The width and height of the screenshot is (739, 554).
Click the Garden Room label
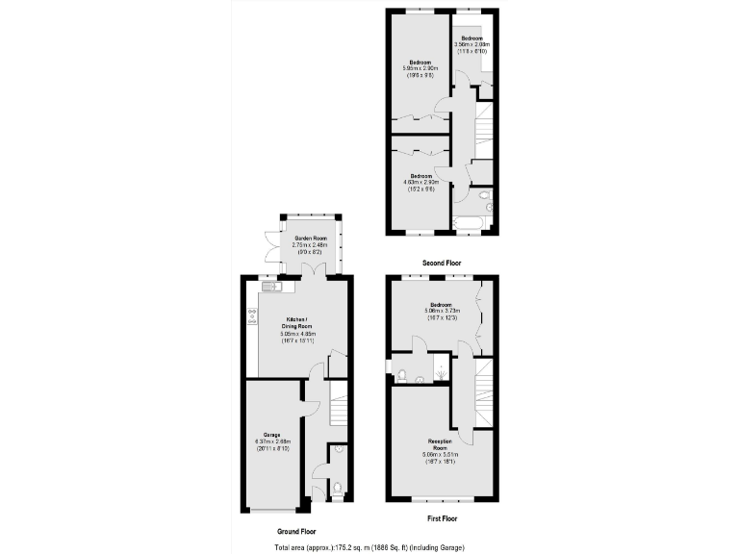pyautogui.click(x=303, y=237)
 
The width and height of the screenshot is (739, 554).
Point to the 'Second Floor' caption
pyautogui.click(x=442, y=263)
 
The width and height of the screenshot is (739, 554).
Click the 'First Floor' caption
pyautogui.click(x=443, y=517)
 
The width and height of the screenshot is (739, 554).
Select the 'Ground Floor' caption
pyautogui.click(x=295, y=531)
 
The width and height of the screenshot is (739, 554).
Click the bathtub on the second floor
pyautogui.click(x=472, y=226)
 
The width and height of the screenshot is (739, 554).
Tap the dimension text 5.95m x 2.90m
pyautogui.click(x=420, y=69)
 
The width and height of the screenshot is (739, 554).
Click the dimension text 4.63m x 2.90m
pyautogui.click(x=420, y=183)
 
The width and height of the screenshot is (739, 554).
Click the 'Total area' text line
pyautogui.click(x=369, y=546)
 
